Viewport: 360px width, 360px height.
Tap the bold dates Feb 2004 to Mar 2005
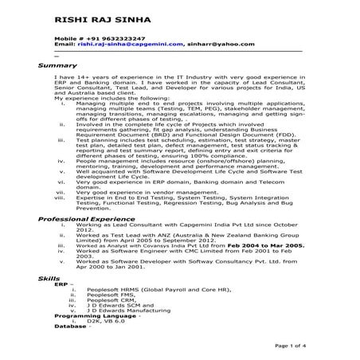coord(262,248)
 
